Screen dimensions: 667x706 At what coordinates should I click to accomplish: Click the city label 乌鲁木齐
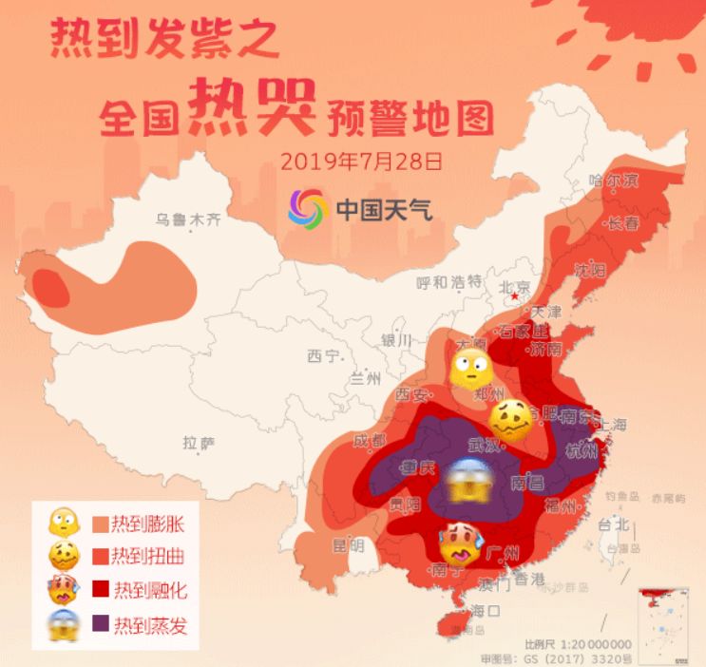tap(188, 219)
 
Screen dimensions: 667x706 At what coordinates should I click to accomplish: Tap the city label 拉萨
tap(200, 442)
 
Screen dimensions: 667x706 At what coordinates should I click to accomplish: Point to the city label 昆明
tap(348, 545)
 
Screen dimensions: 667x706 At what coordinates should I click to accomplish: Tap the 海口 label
tap(484, 609)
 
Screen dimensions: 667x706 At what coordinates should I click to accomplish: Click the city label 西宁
tap(323, 356)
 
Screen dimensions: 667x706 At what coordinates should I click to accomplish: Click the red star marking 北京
tap(515, 297)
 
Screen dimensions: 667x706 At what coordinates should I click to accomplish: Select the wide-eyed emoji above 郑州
tap(467, 365)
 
